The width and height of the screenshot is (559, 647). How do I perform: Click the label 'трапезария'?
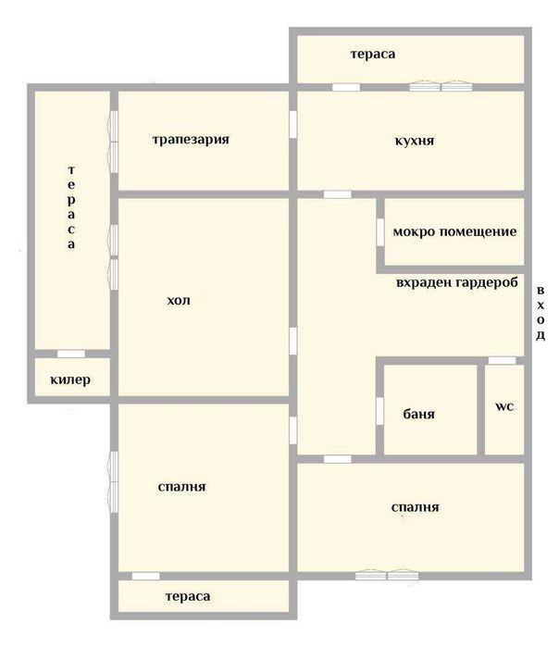191,140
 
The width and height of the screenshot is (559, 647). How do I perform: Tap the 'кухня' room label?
415,141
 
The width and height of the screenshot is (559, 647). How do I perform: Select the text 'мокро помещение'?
454,231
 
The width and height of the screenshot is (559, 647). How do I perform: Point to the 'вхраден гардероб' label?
457,282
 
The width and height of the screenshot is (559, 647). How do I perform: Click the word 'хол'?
179,300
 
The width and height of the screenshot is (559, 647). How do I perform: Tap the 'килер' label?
70,379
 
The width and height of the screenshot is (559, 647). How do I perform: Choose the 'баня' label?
418,414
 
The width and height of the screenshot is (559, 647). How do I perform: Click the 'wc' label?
504,406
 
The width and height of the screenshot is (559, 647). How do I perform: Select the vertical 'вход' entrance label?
540,313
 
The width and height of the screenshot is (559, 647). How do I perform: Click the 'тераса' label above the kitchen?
373,54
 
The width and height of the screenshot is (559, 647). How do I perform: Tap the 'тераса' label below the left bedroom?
188,596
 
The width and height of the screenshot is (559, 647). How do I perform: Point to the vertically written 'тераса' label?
71,207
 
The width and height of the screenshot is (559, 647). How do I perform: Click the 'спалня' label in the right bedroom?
415,506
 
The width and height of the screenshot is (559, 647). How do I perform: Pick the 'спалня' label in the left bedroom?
182,487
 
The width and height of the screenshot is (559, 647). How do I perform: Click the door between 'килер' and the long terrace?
71,354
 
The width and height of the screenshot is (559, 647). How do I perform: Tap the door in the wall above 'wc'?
502,361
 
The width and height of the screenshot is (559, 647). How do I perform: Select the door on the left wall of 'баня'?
380,411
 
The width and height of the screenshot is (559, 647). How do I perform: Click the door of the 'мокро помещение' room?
380,232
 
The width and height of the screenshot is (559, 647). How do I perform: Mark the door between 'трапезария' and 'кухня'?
292,125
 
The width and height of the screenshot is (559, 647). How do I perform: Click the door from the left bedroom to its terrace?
145,576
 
